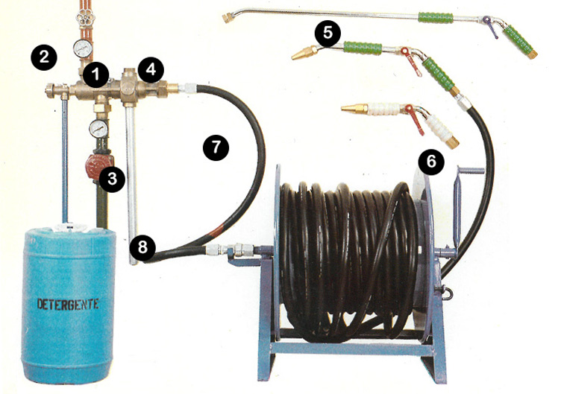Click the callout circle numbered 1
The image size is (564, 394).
95,75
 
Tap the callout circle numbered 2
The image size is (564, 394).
44,57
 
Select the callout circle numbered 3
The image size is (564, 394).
112,179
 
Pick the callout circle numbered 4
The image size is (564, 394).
151,69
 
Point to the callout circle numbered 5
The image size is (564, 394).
328,33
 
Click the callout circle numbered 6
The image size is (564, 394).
431,162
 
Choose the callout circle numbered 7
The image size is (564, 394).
216,147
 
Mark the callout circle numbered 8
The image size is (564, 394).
142,247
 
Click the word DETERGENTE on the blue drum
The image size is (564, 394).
68,305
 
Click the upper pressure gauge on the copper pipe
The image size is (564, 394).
82,49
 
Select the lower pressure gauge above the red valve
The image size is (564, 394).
98,128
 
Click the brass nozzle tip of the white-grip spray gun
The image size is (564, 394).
354,108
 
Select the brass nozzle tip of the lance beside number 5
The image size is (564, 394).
304,53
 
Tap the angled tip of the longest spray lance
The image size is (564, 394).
228,18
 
